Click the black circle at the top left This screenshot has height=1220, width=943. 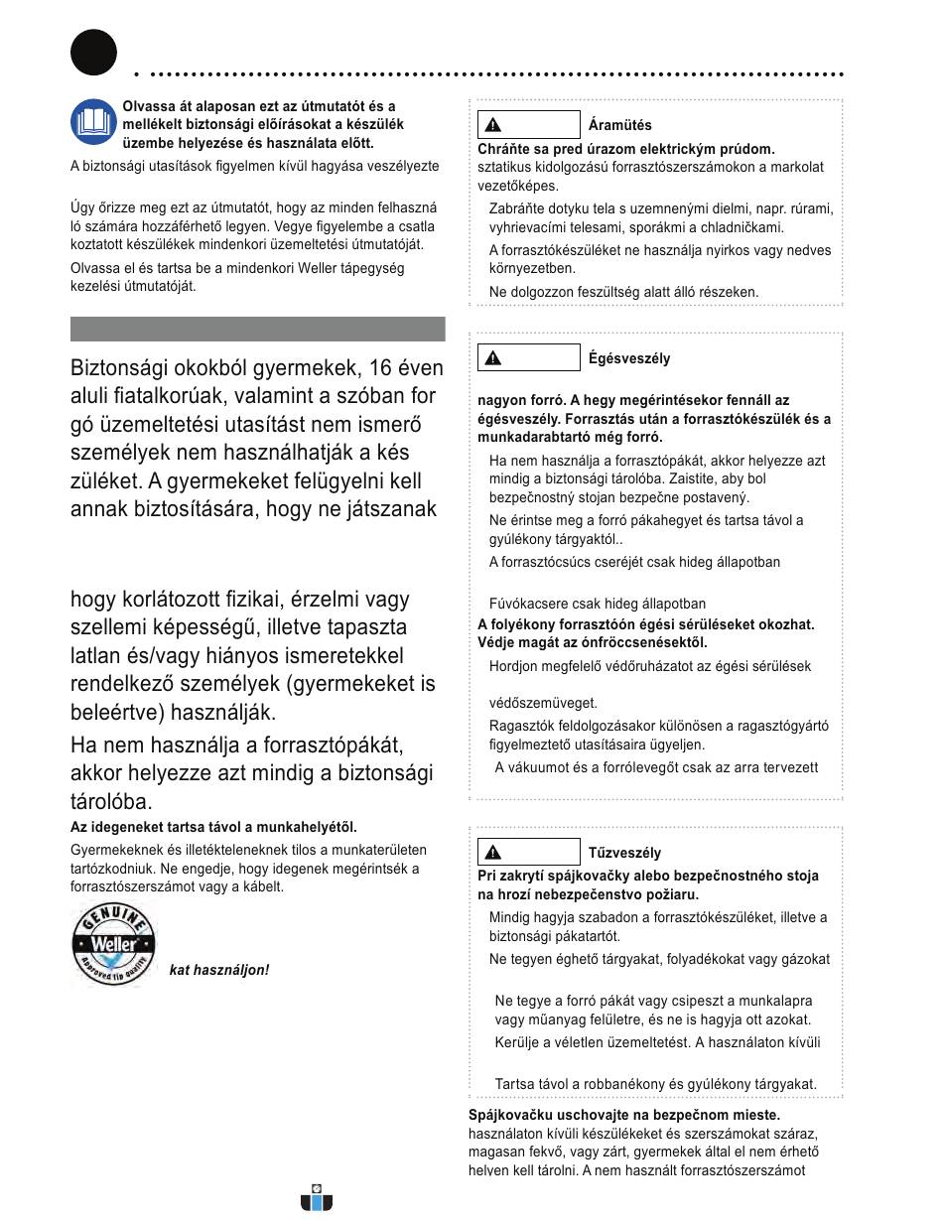pyautogui.click(x=93, y=52)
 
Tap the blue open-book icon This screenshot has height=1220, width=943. pyautogui.click(x=93, y=123)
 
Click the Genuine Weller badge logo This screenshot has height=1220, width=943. pyautogui.click(x=113, y=946)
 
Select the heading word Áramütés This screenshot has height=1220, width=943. pyautogui.click(x=619, y=125)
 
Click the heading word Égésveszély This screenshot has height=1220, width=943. pyautogui.click(x=628, y=358)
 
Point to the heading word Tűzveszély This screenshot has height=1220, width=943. pyautogui.click(x=624, y=853)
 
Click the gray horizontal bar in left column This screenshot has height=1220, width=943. pyautogui.click(x=257, y=329)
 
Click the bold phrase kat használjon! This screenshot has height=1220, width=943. pyautogui.click(x=218, y=970)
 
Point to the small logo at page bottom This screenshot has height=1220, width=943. pyautogui.click(x=317, y=1199)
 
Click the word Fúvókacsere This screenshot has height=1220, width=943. pyautogui.click(x=528, y=603)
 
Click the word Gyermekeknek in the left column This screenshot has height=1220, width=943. pyautogui.click(x=115, y=850)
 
